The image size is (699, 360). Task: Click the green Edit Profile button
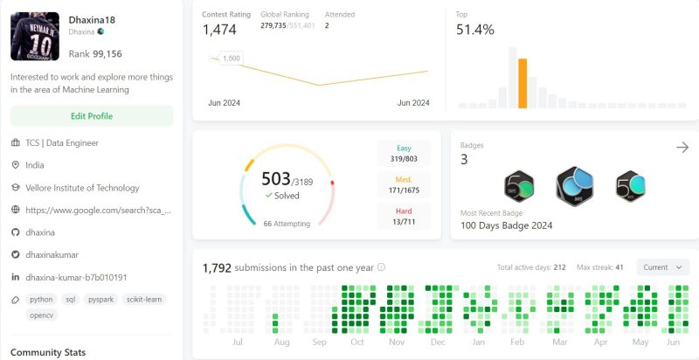(92, 116)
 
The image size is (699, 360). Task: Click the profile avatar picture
(34, 36)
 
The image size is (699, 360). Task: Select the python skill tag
(41, 299)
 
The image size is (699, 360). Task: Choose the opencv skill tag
(41, 315)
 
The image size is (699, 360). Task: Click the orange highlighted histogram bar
(523, 83)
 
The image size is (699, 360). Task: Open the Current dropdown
(662, 267)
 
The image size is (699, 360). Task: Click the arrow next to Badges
(682, 148)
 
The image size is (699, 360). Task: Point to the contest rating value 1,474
(219, 30)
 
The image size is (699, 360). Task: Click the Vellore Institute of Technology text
(82, 188)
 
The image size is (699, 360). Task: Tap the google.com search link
(98, 210)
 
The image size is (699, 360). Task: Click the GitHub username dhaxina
(41, 232)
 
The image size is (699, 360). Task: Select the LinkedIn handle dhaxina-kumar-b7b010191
(76, 277)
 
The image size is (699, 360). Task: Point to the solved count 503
(275, 179)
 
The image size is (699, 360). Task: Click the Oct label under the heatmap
(357, 343)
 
